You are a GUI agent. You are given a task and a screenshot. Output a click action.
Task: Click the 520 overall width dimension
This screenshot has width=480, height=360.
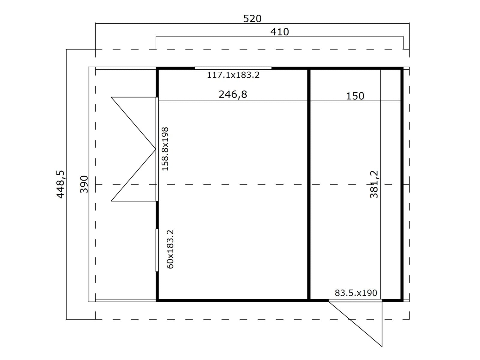point(252,19)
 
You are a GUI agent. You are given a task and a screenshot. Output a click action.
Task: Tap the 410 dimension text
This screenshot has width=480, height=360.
point(280,32)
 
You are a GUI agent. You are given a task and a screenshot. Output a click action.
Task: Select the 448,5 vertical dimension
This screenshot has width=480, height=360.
point(60,184)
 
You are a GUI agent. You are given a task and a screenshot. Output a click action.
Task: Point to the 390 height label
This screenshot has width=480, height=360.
point(84,184)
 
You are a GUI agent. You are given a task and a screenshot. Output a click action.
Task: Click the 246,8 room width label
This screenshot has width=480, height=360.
point(233,94)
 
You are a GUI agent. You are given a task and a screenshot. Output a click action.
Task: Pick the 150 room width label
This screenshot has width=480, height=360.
point(355,96)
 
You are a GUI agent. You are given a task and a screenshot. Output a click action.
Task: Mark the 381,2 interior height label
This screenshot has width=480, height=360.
point(374,184)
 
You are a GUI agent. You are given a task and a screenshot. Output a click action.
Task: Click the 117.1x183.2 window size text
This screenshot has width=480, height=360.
point(233,75)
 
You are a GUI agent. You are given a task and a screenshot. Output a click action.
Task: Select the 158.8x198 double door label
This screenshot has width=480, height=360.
point(165,149)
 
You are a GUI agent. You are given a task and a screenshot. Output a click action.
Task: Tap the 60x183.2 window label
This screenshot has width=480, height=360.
point(170,249)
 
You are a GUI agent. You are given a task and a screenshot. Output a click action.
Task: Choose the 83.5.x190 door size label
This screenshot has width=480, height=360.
point(356,293)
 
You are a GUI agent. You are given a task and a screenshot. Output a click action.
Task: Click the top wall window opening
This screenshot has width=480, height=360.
point(233,68)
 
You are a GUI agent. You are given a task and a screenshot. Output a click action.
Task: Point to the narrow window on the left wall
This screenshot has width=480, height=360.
point(157,250)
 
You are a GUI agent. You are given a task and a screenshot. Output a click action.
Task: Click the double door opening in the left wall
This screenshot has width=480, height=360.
point(157,149)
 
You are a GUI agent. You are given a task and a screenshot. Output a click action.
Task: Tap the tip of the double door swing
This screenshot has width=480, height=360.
point(156,149)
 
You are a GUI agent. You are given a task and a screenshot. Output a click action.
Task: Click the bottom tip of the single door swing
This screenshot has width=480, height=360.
point(382,347)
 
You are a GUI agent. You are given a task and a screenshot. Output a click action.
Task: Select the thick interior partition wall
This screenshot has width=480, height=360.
point(309,184)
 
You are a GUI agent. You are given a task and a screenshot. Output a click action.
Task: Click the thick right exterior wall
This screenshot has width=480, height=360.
point(402,184)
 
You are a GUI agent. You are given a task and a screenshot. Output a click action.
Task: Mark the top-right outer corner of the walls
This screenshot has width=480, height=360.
point(403,67)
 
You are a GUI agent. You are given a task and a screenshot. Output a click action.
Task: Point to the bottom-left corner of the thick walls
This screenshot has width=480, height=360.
point(156,302)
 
